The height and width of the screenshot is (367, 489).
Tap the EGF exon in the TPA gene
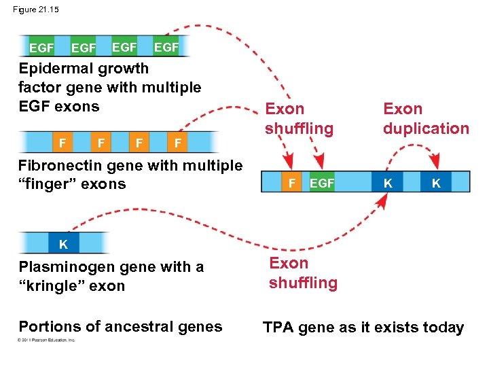tap(322, 183)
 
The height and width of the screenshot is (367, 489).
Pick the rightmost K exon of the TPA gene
tap(435, 183)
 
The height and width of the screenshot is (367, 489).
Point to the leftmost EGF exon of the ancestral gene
tap(41, 48)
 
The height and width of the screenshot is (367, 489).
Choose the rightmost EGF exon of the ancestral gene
tap(166, 47)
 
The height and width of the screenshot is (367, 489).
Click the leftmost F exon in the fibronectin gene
tap(62, 143)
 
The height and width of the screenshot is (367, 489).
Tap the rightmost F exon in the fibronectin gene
tap(177, 143)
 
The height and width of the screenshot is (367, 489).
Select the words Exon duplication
tap(426, 118)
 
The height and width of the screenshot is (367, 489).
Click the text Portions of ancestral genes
tap(120, 326)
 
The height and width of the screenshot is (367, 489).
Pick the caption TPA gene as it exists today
tap(363, 328)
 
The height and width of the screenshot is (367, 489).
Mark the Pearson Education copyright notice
tap(47, 340)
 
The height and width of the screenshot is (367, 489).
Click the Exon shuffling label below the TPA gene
tap(303, 273)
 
